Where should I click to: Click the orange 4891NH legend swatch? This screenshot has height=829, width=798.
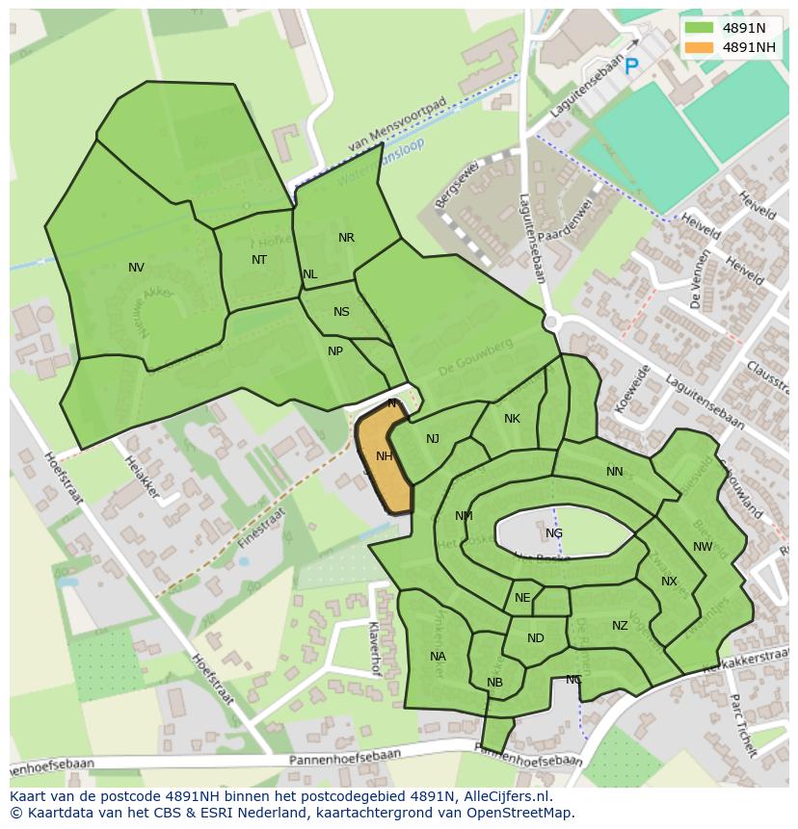click(699, 47)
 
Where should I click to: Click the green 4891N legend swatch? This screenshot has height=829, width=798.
click(699, 28)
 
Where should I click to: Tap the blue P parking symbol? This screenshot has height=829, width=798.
click(631, 66)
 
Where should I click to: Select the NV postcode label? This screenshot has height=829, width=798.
click(136, 268)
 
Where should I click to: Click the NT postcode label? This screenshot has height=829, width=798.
click(259, 260)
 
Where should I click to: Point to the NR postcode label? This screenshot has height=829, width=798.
click(346, 238)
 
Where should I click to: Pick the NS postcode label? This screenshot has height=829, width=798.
click(341, 312)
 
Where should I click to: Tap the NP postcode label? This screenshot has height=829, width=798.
click(335, 351)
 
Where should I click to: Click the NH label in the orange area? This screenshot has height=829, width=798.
click(384, 456)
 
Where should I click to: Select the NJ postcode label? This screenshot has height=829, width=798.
click(433, 439)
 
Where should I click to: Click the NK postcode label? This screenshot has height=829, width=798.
click(512, 419)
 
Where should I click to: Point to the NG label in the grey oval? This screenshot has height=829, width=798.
click(553, 533)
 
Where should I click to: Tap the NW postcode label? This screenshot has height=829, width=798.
click(703, 547)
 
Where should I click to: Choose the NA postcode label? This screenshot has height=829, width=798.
click(438, 657)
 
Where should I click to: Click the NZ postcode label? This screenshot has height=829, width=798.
click(620, 626)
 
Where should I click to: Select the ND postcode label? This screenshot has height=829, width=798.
click(536, 638)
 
